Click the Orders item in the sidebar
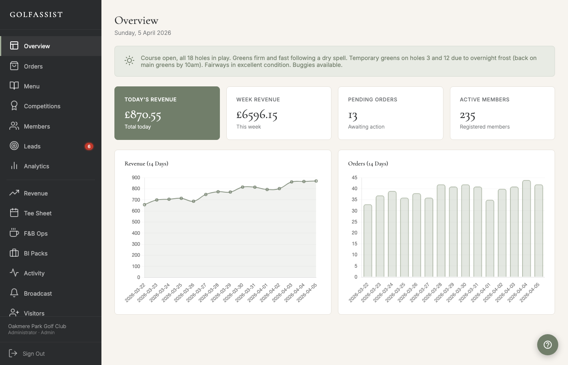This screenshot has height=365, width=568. [33, 67]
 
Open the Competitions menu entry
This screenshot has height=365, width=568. [42, 106]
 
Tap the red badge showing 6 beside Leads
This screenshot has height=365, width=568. [89, 146]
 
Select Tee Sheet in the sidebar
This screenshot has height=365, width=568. [37, 213]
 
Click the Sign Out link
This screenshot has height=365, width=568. [33, 354]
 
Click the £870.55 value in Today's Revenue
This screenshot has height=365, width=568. [143, 116]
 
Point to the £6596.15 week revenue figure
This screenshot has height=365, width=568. [257, 115]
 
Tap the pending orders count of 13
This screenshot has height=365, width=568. [353, 116]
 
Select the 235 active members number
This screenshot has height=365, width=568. [467, 116]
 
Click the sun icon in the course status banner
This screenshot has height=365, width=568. [129, 61]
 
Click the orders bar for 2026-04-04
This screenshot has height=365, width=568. [526, 229]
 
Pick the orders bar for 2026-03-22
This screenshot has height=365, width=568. [368, 241]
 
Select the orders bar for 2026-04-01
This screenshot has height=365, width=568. [490, 238]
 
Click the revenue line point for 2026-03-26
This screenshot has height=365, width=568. [194, 201]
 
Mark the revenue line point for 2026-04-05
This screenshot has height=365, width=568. [316, 181]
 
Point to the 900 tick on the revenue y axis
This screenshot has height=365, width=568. [136, 178]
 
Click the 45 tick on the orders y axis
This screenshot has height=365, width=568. [355, 178]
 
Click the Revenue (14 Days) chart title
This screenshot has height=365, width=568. [146, 163]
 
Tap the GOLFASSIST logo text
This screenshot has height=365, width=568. [37, 15]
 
